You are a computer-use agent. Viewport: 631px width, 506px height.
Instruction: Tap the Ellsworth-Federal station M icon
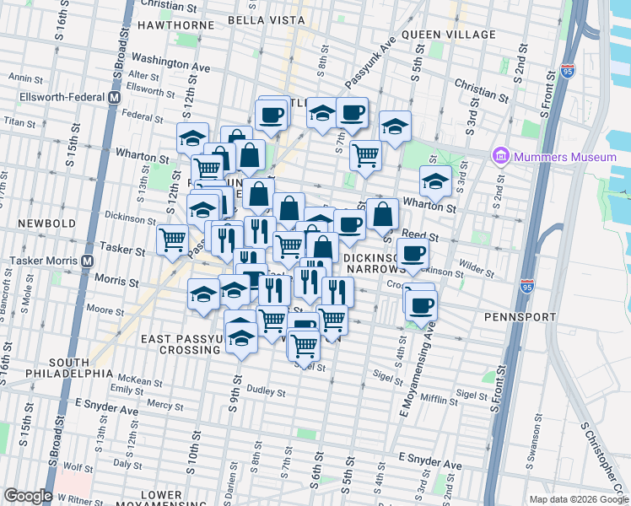pyautogui.click(x=113, y=98)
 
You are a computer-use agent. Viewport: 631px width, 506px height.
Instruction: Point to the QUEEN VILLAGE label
pyautogui.click(x=448, y=35)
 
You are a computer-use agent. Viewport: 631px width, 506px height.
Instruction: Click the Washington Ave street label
pyautogui.click(x=170, y=62)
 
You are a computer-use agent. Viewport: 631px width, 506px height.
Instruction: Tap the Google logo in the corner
pyautogui.click(x=28, y=496)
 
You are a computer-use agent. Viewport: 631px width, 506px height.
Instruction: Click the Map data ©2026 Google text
pyautogui.click(x=577, y=499)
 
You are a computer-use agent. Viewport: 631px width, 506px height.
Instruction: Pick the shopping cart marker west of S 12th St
pyautogui.click(x=173, y=240)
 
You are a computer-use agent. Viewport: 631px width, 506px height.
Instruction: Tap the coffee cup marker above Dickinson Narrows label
pyautogui.click(x=413, y=253)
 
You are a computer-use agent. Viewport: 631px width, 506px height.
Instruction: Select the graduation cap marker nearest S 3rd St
pyautogui.click(x=435, y=180)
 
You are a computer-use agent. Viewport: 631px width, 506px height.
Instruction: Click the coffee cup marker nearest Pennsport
pyautogui.click(x=421, y=305)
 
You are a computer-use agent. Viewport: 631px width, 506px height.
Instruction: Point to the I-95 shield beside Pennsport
pyautogui.click(x=527, y=288)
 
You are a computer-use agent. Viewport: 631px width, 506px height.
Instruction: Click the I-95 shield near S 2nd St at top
pyautogui.click(x=568, y=73)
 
